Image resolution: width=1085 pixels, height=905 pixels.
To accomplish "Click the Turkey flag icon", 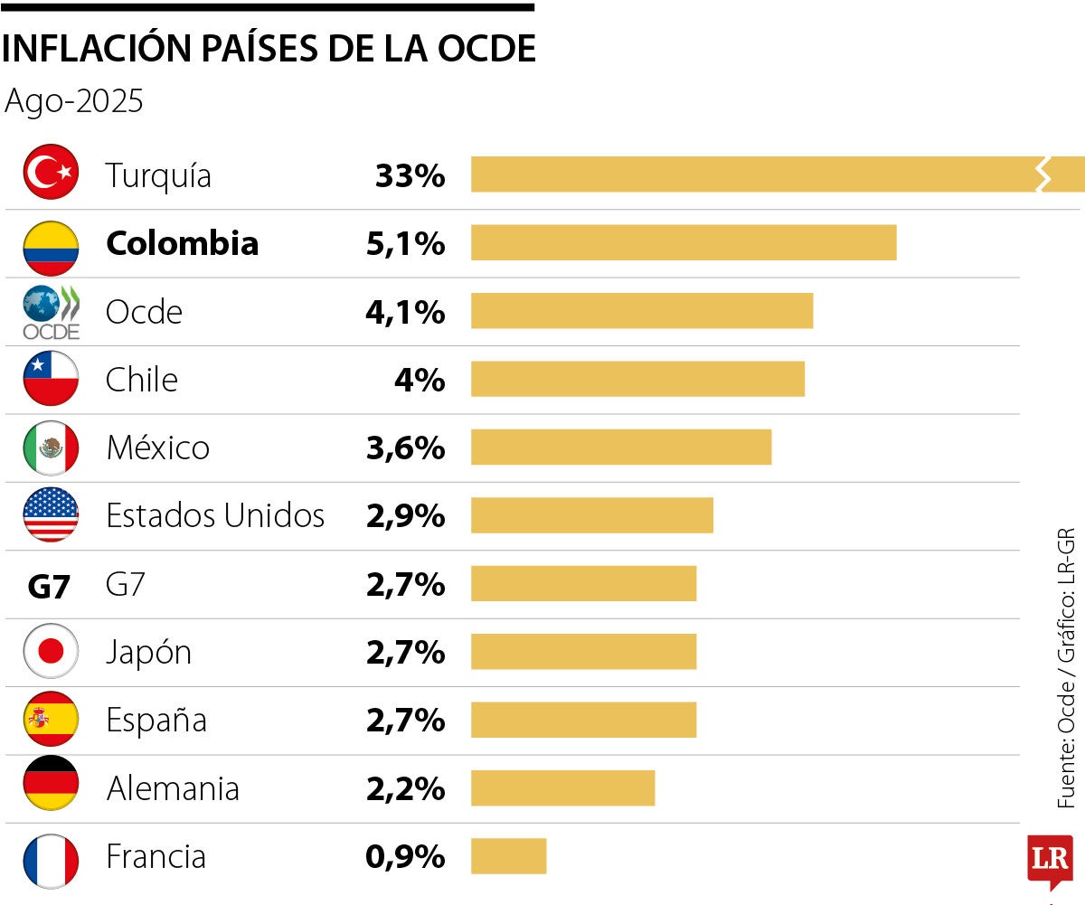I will point(51,172).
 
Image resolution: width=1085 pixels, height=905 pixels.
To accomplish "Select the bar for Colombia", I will point(684,242).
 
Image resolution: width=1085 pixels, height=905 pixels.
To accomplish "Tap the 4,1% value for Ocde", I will point(405,312).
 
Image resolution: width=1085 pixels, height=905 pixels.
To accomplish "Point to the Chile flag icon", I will point(51,378).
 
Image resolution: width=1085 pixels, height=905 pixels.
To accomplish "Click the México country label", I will point(157,448).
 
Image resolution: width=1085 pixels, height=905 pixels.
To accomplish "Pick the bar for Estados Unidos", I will point(591,515).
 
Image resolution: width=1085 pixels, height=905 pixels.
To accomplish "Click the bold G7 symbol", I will point(49,587).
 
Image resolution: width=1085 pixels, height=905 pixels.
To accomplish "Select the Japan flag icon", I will point(51,651).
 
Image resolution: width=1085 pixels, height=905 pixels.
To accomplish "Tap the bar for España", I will point(583,720).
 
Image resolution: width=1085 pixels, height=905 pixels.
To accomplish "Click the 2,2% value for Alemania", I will point(405,789).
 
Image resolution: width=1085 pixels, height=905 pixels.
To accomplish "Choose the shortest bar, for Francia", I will point(508,856).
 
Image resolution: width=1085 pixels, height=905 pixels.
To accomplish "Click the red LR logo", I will point(1050,859).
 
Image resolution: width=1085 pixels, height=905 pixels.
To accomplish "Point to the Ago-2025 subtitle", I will point(74,101).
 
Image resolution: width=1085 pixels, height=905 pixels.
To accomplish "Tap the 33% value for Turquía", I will point(410,175).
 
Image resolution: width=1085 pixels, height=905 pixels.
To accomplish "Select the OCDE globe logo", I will point(51,311).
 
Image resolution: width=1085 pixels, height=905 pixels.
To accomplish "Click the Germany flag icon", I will point(51,787).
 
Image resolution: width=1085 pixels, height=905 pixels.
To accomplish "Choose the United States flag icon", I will point(51,514).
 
